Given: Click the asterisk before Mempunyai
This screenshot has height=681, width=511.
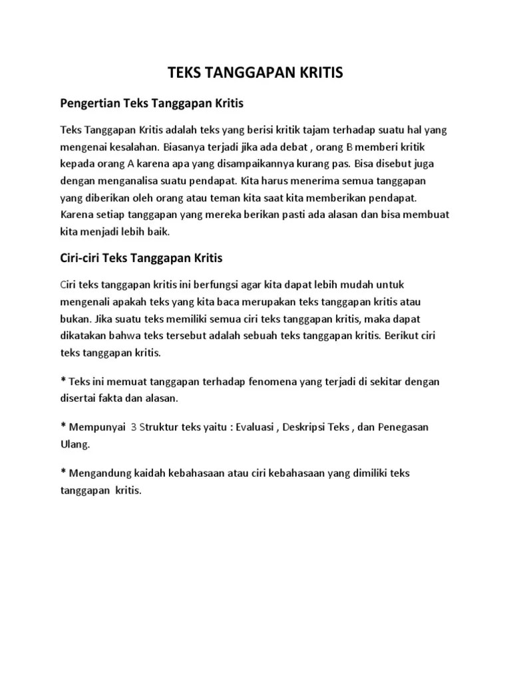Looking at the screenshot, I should pos(63,426).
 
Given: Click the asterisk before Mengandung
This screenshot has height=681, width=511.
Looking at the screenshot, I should pos(63,472).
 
